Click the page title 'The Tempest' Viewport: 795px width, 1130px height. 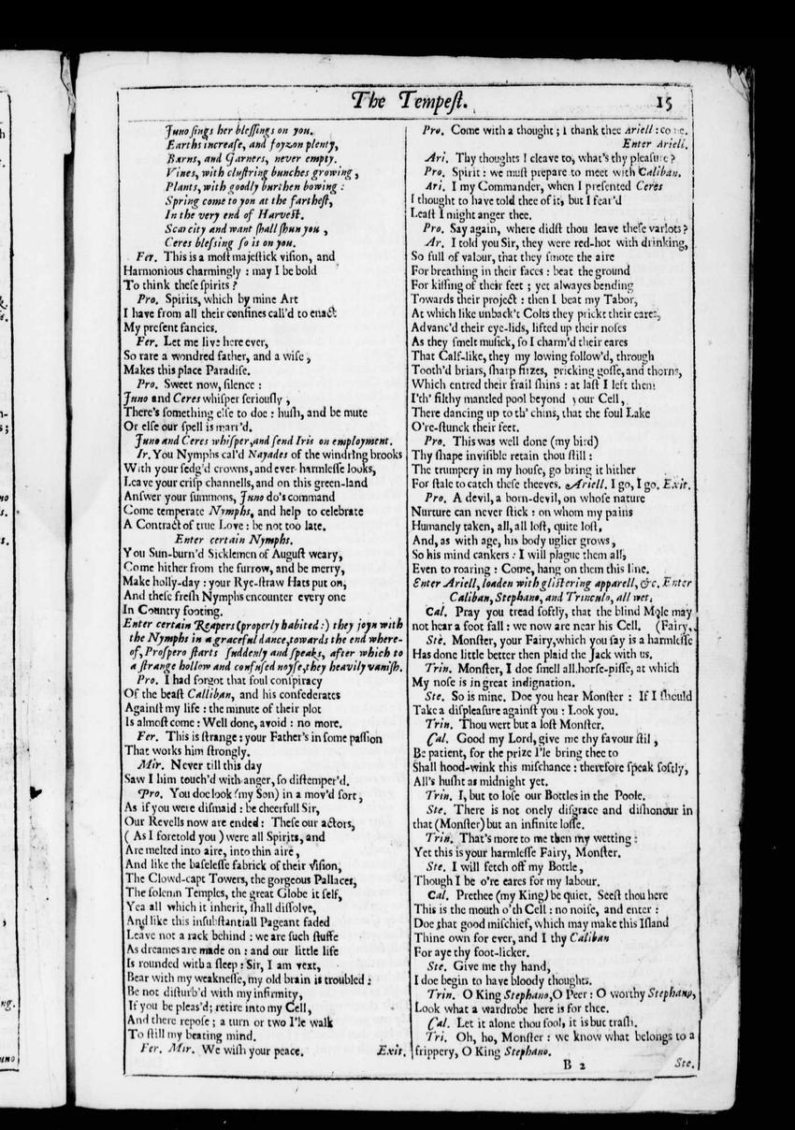pos(405,102)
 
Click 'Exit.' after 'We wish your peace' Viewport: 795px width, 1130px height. pos(390,1051)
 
